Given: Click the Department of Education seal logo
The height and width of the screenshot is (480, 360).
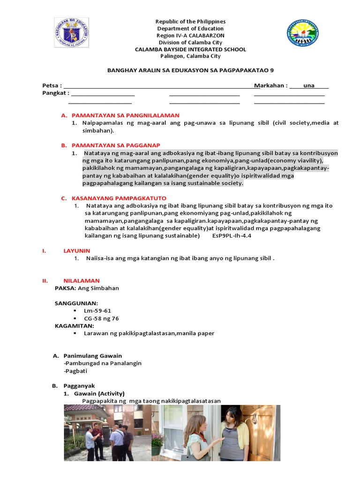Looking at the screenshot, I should pos(71,33).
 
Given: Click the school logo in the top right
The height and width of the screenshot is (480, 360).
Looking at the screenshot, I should pos(303,33).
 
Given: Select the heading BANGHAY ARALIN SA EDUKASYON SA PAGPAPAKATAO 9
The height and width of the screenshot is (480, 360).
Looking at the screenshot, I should pos(190,70).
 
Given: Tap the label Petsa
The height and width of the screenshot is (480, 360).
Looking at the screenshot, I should pos(52,86).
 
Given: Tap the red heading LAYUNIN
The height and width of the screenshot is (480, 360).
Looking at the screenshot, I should pos(76,251).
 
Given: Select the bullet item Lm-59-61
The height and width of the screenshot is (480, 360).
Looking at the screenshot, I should pos(97,311).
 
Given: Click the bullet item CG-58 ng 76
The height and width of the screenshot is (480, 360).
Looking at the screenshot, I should pos(101,318).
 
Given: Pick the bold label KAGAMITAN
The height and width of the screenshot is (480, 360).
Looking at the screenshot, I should pos(75,326).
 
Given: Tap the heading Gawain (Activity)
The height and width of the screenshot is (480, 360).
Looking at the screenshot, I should pos(99,393).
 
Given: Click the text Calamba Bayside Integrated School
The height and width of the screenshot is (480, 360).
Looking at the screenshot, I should pos(190,50).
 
